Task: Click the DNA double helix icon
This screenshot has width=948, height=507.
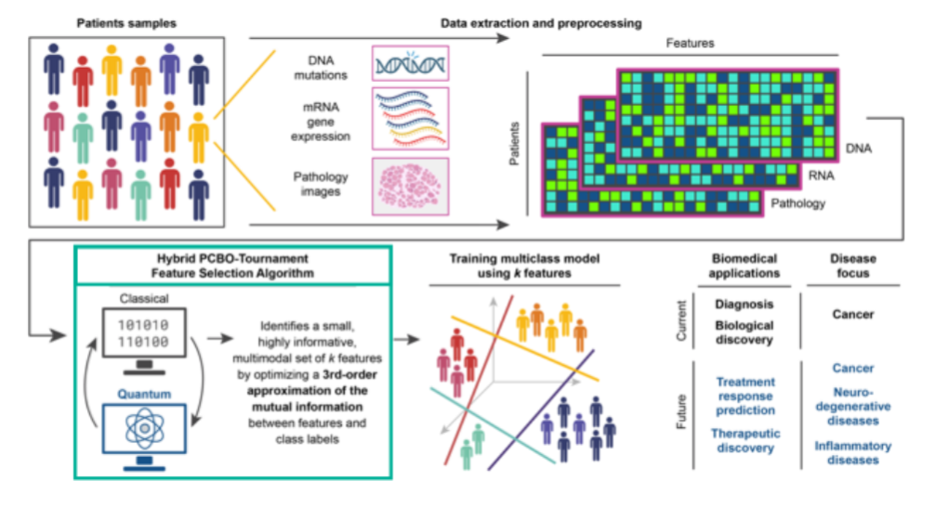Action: click(x=410, y=64)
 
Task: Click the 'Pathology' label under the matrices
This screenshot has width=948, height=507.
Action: click(x=798, y=203)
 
